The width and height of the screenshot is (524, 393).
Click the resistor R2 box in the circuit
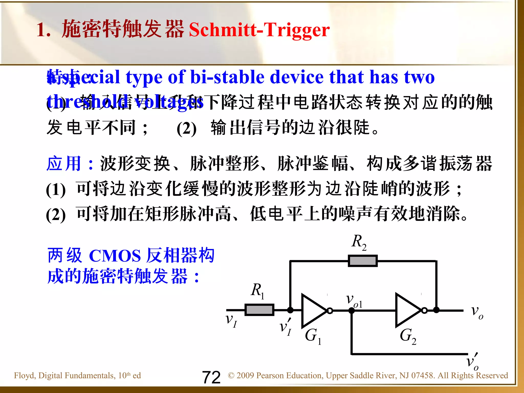pos(363,261)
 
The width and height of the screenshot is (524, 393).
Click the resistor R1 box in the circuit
pos(259,310)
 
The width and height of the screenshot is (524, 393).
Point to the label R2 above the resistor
pos(359,242)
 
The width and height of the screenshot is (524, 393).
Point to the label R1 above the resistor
pos(257,291)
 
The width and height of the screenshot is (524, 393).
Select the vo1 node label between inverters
pos(354,301)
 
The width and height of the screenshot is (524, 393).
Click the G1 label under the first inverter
pos(313,336)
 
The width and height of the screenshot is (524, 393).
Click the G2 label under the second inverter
pos(408,336)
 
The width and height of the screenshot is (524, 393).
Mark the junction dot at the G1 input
pos(290,310)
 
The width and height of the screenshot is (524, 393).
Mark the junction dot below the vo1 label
pos(352,311)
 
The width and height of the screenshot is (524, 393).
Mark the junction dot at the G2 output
pos(436,310)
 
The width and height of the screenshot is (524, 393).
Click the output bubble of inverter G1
pos(330,311)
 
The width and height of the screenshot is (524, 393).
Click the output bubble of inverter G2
pos(424,311)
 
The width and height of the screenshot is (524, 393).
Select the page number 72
pos(211,377)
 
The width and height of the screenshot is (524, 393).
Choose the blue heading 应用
pos(64,163)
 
